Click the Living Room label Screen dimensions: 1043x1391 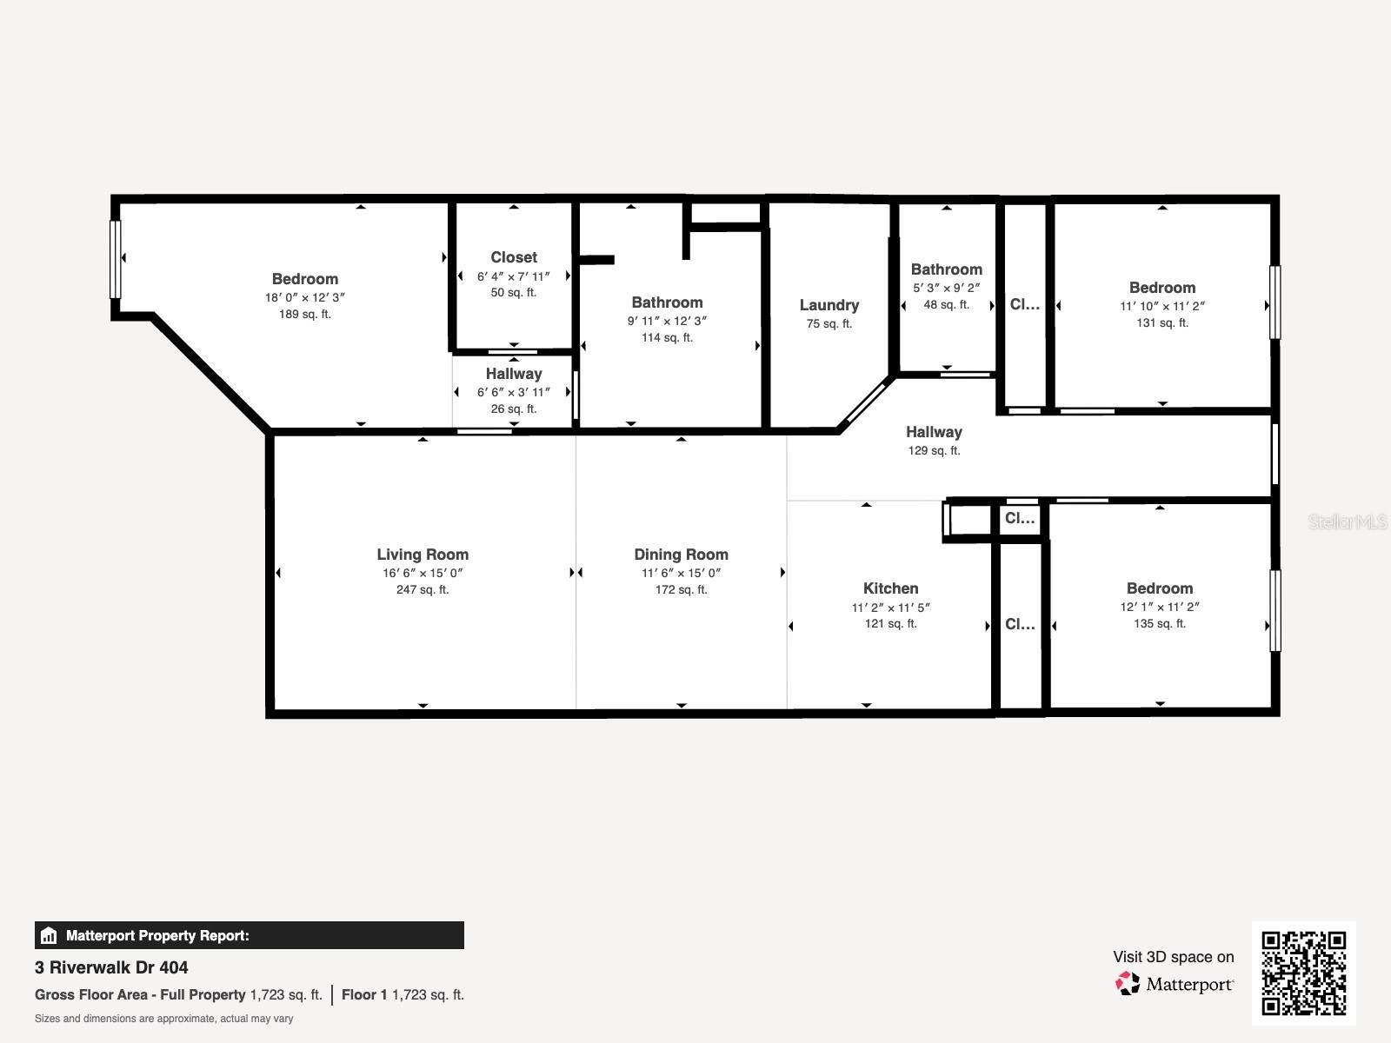(423, 555)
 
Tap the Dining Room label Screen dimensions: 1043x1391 (681, 555)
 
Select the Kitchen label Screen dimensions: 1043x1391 (890, 588)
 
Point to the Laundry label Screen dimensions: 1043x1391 (829, 305)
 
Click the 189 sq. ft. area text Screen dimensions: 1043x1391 (304, 315)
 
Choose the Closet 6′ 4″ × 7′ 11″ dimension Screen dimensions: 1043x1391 (513, 276)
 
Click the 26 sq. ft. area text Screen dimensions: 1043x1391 (513, 409)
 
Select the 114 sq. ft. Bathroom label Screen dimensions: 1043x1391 (667, 302)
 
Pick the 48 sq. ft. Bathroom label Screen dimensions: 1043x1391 (946, 269)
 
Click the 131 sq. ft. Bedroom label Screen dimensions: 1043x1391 (1161, 288)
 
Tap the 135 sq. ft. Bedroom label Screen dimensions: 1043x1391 (1159, 588)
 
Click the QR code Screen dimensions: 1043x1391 (1303, 973)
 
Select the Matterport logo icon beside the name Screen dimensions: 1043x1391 (1128, 984)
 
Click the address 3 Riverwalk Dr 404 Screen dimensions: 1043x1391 (111, 967)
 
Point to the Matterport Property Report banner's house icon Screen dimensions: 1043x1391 (49, 936)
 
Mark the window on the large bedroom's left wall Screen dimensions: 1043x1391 (115, 259)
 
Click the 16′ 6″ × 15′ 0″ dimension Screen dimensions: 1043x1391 (423, 573)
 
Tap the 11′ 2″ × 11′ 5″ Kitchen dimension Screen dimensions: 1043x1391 (890, 608)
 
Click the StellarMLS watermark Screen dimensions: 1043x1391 (1347, 521)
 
